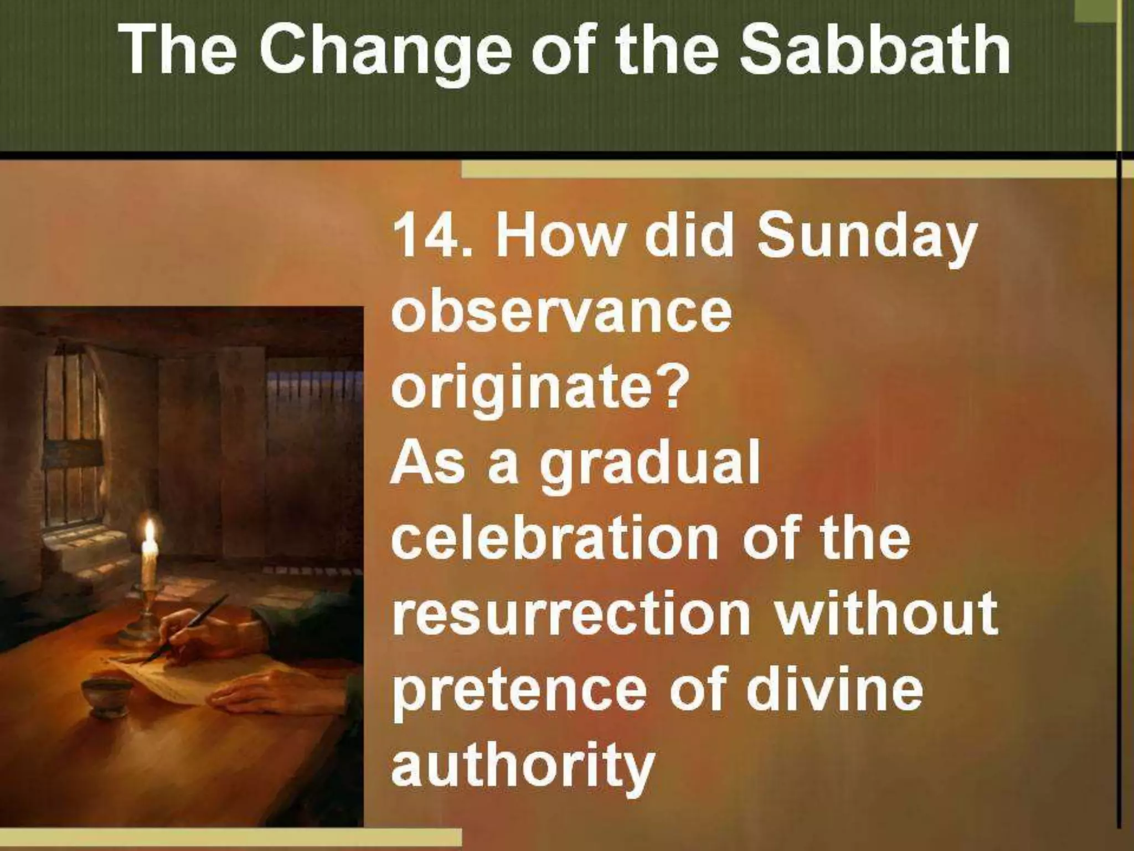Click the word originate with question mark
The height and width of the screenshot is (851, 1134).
(538, 388)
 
